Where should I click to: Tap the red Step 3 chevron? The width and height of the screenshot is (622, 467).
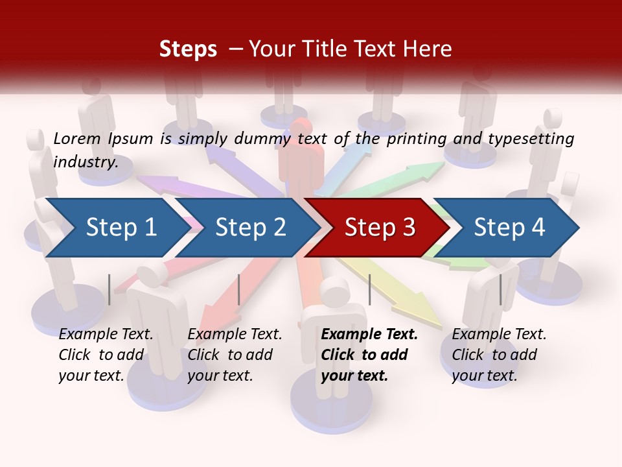pos(379,228)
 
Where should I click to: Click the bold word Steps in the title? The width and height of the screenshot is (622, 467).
pos(188,49)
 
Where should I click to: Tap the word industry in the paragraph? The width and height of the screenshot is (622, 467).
pos(85,162)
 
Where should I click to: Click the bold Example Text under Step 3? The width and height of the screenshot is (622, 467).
pos(369,335)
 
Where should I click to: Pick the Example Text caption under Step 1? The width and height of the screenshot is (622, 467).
pos(106,335)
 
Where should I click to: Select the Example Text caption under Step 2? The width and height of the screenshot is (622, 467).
pos(235,335)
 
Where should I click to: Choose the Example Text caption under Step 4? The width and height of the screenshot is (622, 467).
pos(499,335)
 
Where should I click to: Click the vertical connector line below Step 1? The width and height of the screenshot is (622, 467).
pos(109,289)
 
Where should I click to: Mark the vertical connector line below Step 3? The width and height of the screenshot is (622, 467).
pos(369,289)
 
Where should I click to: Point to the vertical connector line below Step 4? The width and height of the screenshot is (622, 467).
pos(500,289)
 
